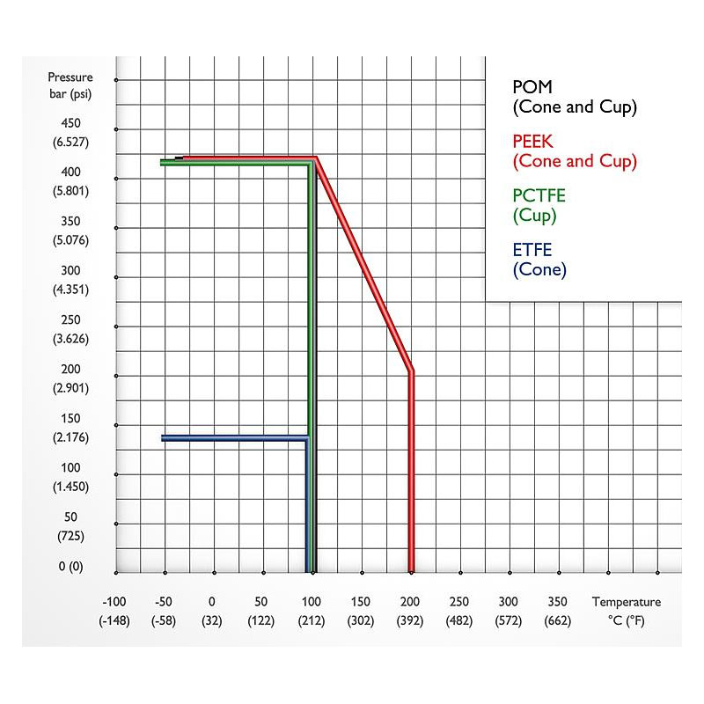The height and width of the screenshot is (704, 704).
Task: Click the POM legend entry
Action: (574, 97)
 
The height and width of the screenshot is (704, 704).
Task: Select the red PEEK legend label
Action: (574, 151)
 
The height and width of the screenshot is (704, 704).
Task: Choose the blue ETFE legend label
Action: (539, 260)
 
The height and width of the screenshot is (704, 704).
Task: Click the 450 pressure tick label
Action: (70, 123)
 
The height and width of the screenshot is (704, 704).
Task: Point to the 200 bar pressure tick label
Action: (70, 370)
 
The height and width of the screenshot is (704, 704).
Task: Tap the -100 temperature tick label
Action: (114, 602)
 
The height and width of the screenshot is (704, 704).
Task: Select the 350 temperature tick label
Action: (558, 602)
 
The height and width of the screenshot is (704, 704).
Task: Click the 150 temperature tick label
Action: (361, 602)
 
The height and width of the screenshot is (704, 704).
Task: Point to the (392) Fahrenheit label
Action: (409, 620)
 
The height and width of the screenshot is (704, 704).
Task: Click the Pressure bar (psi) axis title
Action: (70, 86)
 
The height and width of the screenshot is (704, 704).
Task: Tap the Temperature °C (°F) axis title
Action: (626, 611)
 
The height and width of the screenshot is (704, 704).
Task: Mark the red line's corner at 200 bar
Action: (411, 372)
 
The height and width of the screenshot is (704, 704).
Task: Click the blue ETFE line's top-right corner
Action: (307, 437)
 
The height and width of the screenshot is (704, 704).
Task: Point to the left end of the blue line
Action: (164, 437)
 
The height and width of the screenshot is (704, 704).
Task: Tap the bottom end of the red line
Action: (411, 569)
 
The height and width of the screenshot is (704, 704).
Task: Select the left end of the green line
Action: (162, 163)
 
